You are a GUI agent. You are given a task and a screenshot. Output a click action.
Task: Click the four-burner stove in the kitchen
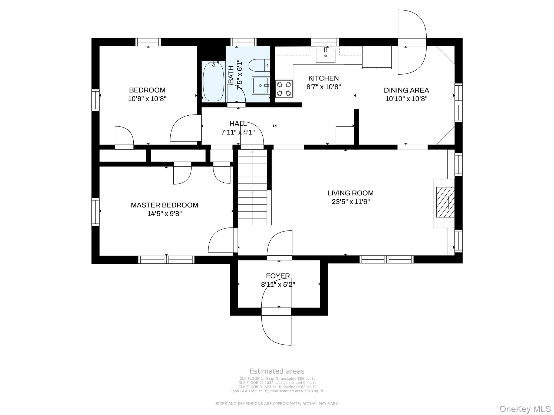[x=284, y=89]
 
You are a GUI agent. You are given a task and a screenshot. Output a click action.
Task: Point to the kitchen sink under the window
[x=325, y=56]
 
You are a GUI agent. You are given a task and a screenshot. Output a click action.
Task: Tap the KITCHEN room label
[x=324, y=78]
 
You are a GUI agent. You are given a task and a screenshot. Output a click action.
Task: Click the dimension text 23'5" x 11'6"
[x=351, y=202]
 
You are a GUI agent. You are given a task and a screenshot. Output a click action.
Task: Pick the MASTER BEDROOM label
[x=164, y=205]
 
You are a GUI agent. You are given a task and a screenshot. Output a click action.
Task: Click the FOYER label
[x=278, y=276]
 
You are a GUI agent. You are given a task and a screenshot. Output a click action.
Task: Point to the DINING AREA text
[x=406, y=90]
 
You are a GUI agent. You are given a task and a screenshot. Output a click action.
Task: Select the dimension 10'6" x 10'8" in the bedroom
[x=147, y=99]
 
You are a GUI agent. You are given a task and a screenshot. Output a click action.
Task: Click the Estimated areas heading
[x=277, y=371]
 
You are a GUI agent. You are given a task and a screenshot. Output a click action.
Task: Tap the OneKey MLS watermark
[x=525, y=409]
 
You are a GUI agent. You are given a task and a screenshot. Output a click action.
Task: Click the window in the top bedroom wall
[x=148, y=42]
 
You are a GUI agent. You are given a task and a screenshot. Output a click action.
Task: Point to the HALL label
[x=238, y=124]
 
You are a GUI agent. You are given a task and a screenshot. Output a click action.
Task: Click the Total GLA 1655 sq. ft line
[x=277, y=391]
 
